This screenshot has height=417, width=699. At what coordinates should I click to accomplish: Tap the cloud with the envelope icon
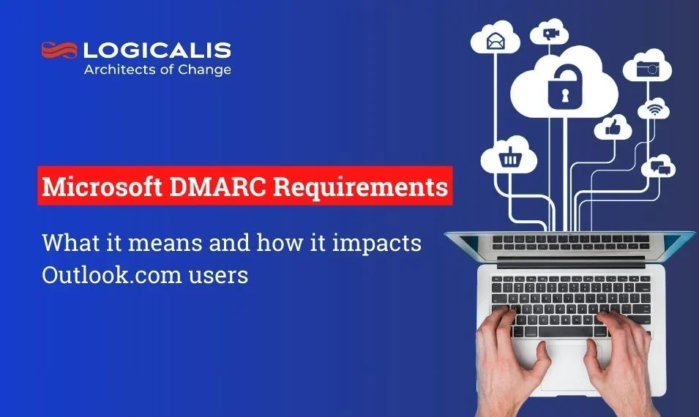pos(497,40)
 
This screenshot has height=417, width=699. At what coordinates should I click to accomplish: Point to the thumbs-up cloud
pos(613,128)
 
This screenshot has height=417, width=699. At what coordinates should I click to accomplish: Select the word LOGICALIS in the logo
pos(157,50)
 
